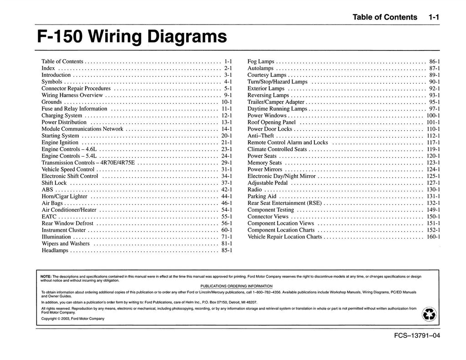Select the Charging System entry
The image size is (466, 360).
[62, 116]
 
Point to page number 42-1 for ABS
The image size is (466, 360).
[227, 189]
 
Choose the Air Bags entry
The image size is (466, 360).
[52, 203]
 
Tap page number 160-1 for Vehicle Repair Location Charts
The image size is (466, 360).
[433, 237]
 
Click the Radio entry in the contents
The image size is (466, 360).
[255, 189]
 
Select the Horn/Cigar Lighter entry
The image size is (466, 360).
[64, 196]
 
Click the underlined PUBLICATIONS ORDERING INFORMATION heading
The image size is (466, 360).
[236, 286]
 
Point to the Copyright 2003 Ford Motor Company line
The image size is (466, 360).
[73, 319]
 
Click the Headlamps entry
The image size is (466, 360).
[55, 250]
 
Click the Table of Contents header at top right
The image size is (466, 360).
[385, 17]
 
